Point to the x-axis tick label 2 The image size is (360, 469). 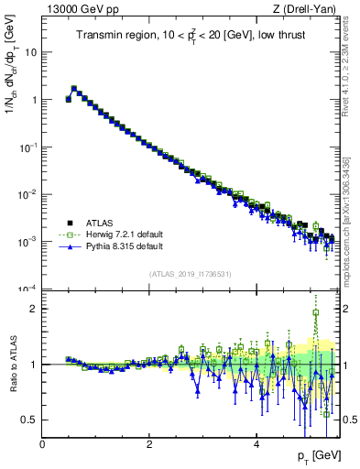tap(149, 444)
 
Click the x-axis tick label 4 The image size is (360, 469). tap(256, 444)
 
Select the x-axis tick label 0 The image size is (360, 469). tap(42, 444)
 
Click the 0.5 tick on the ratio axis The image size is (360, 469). tap(30, 420)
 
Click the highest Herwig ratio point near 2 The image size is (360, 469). tap(316, 312)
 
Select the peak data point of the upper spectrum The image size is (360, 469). tap(74, 89)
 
